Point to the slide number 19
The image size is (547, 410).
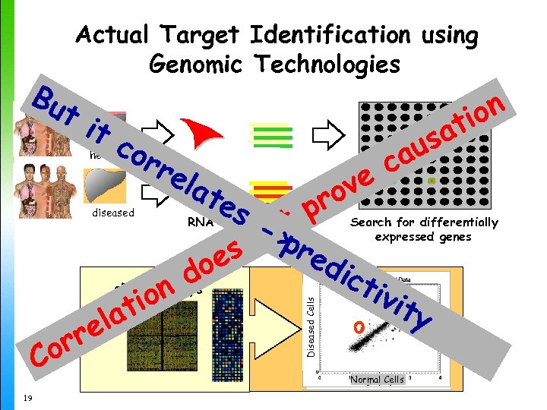27,397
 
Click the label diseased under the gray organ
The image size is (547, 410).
112,213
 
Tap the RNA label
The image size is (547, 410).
200,223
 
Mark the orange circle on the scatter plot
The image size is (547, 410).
357,327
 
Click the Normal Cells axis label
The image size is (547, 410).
377,379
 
